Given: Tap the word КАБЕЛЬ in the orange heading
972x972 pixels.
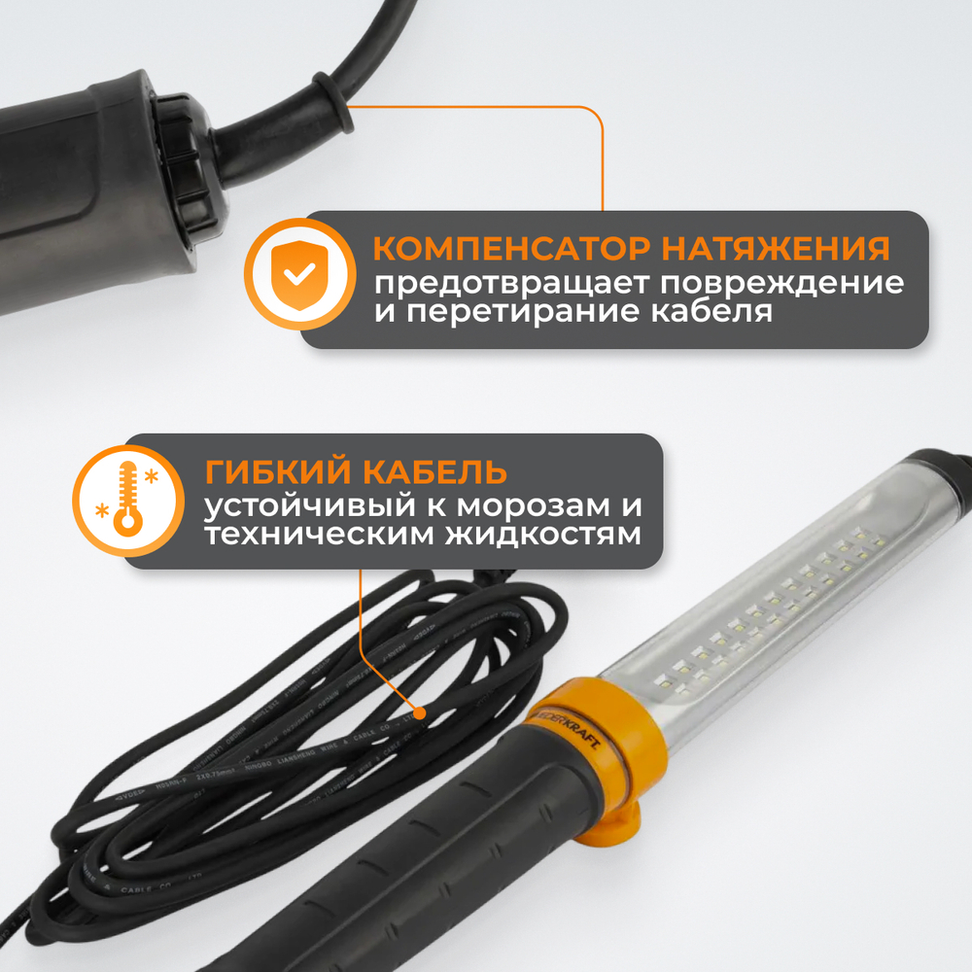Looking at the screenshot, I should [x=430, y=472].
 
